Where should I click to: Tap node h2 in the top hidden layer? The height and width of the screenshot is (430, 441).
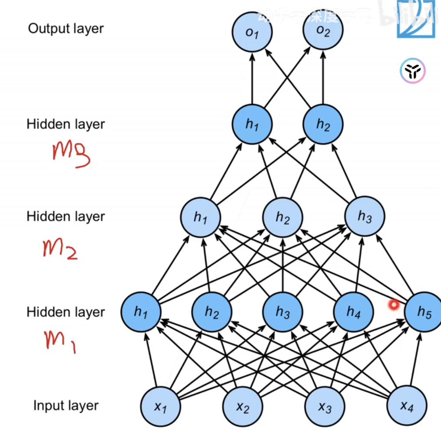coord(323,124)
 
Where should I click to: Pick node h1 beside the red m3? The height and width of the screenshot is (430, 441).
coord(252,124)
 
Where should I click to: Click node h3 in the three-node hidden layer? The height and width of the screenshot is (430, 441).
coord(365,217)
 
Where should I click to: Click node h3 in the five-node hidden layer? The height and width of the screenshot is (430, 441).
coord(282,312)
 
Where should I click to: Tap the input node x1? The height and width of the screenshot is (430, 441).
coord(160,407)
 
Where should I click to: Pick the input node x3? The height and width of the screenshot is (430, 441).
coord(325,407)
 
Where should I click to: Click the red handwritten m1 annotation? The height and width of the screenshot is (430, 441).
coord(60,341)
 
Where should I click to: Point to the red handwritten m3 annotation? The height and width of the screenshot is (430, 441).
coord(71,154)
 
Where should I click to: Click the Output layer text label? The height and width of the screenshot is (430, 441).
coord(66,29)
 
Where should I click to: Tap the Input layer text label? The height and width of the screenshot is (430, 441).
coord(66,406)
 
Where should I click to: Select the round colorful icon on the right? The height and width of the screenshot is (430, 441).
coord(412,71)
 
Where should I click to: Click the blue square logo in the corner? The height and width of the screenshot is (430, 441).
coord(415,20)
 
